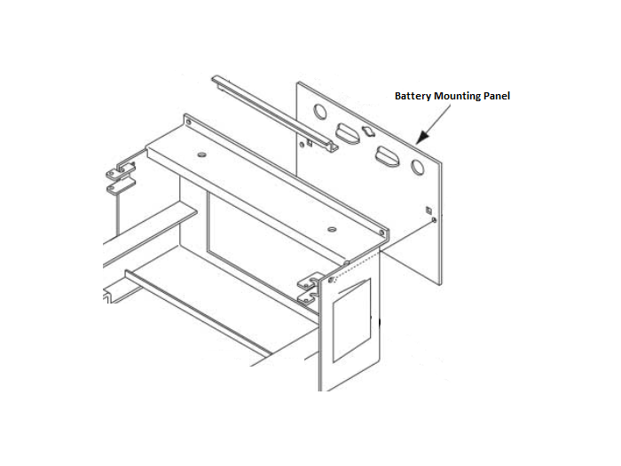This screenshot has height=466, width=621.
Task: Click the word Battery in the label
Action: [413, 96]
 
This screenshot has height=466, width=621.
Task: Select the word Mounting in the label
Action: [458, 97]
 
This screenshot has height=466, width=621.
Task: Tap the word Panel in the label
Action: [497, 96]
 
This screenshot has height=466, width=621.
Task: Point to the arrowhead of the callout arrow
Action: [422, 137]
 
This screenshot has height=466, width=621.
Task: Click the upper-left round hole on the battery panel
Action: [320, 111]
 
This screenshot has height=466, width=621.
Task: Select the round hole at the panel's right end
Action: [418, 167]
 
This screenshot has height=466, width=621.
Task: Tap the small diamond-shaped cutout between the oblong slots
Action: [368, 131]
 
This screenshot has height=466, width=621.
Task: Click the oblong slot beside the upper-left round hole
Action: [348, 133]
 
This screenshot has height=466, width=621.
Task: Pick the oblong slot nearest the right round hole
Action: [388, 156]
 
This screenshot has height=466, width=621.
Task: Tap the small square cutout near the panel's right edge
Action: [428, 209]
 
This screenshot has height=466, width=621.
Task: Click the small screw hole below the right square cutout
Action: [434, 219]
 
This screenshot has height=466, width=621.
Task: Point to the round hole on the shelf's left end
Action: [201, 154]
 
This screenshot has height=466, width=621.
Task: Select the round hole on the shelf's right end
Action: [333, 229]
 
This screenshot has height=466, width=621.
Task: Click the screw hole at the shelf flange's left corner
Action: [188, 122]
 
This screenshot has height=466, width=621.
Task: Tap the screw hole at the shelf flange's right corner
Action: [381, 233]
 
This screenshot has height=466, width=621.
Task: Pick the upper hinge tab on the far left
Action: [121, 170]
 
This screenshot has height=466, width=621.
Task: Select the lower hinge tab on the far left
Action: [121, 186]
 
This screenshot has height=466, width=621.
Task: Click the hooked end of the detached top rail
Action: [332, 146]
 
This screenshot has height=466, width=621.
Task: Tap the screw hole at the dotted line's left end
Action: [331, 280]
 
